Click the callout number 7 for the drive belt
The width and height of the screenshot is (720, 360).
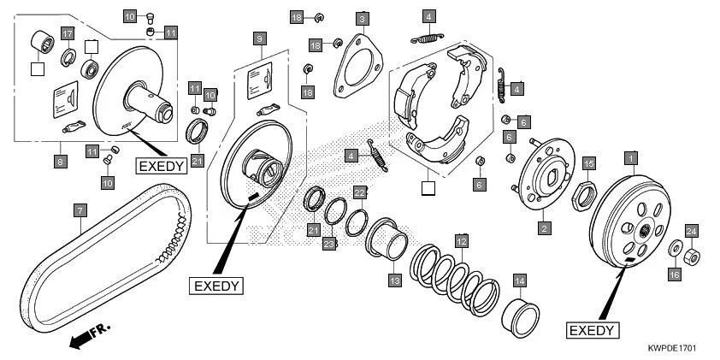(x=79, y=210)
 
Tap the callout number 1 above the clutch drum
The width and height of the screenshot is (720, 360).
(x=631, y=158)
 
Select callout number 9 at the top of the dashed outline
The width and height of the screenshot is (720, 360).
(x=260, y=38)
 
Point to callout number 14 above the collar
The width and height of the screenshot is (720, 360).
(x=519, y=280)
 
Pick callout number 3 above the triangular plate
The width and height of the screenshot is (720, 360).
(x=363, y=19)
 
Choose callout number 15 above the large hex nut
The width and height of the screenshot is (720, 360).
(x=587, y=162)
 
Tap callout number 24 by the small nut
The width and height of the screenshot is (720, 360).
(x=692, y=230)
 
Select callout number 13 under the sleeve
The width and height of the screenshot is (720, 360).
(x=394, y=280)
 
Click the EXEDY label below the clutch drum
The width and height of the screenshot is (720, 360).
(x=593, y=329)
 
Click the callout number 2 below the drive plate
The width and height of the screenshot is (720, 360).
(x=542, y=228)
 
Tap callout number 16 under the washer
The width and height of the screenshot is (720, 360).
(x=673, y=274)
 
